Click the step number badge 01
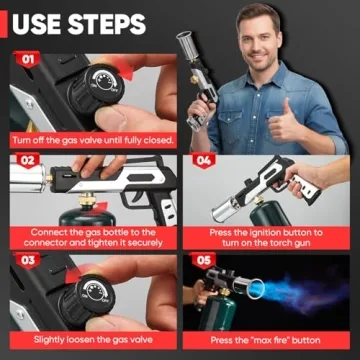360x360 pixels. click(x=27, y=59)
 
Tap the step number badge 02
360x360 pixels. click(x=27, y=160)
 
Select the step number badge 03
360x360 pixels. click(x=27, y=262)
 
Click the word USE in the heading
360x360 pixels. click(x=43, y=22)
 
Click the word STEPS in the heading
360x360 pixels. click(x=118, y=22)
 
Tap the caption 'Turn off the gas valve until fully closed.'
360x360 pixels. click(x=92, y=139)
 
